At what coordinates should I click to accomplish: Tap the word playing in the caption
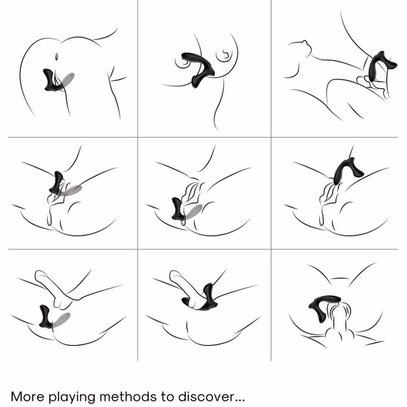pyautogui.click(x=72, y=398)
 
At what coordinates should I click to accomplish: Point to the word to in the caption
pyautogui.click(x=167, y=397)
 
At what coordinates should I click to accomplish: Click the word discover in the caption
pyautogui.click(x=205, y=396)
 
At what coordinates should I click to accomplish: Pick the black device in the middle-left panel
pyautogui.click(x=56, y=183)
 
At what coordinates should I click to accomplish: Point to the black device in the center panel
pyautogui.click(x=178, y=209)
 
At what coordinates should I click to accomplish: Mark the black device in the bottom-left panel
pyautogui.click(x=45, y=316)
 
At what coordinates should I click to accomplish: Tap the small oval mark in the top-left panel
pyautogui.click(x=56, y=56)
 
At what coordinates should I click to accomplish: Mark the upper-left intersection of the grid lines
pyautogui.click(x=137, y=137)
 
